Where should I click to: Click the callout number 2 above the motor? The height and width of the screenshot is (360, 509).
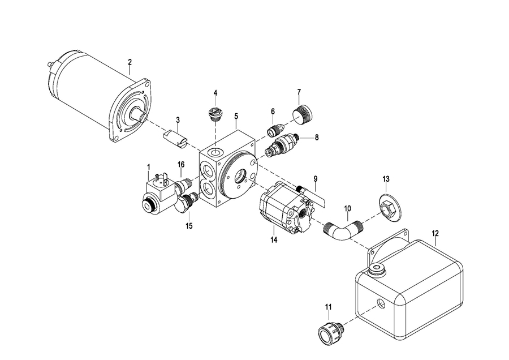coord(130,62)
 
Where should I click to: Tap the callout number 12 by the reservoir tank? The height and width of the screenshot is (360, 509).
coord(435,233)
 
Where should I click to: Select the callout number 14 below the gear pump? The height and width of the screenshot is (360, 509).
coord(274,240)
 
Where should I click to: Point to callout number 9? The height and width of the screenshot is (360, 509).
coord(316,179)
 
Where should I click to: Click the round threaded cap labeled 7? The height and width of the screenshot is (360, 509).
coord(303,113)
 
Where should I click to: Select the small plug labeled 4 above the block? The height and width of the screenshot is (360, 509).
coord(214,115)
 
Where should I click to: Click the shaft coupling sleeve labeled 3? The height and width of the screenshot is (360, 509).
coord(175,139)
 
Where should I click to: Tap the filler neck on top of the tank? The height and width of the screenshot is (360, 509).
coord(377,270)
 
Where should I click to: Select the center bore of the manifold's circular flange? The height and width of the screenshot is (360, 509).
coord(240,176)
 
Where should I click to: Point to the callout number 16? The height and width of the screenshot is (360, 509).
coord(181,164)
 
